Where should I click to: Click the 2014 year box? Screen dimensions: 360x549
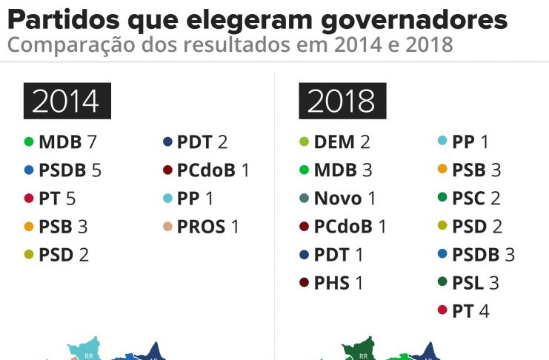pos(67,101)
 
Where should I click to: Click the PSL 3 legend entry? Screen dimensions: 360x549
pos(478,283)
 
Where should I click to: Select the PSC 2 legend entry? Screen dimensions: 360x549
pos(479,199)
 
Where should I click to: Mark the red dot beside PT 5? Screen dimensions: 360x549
pos(29,199)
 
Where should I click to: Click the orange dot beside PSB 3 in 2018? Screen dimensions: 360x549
pos(442,170)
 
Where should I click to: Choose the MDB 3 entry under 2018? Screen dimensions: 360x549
pos(342,170)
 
